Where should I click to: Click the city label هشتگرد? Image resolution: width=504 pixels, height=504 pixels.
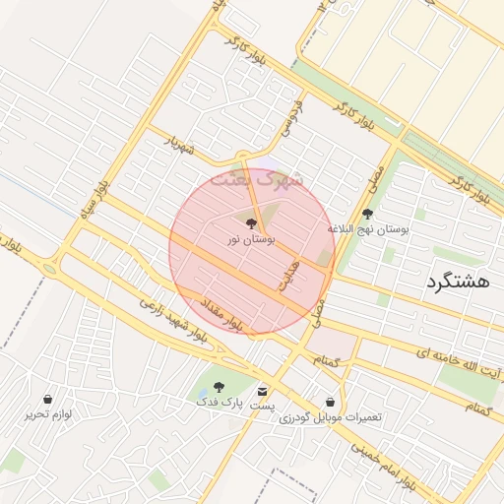(x=459, y=282)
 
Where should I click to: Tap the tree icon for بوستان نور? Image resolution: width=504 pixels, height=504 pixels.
(x=252, y=223)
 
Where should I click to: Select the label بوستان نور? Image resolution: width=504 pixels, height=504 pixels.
(x=252, y=239)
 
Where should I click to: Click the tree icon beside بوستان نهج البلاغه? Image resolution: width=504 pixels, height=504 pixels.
(x=368, y=214)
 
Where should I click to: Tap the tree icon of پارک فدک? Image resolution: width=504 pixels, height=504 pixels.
(x=219, y=387)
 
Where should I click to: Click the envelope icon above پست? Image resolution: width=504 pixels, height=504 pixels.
(x=262, y=390)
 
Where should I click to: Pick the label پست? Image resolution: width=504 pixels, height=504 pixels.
(x=262, y=406)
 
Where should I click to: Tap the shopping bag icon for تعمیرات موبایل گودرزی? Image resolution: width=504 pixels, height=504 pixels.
(x=330, y=403)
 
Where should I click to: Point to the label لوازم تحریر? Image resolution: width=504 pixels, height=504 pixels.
(x=49, y=414)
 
